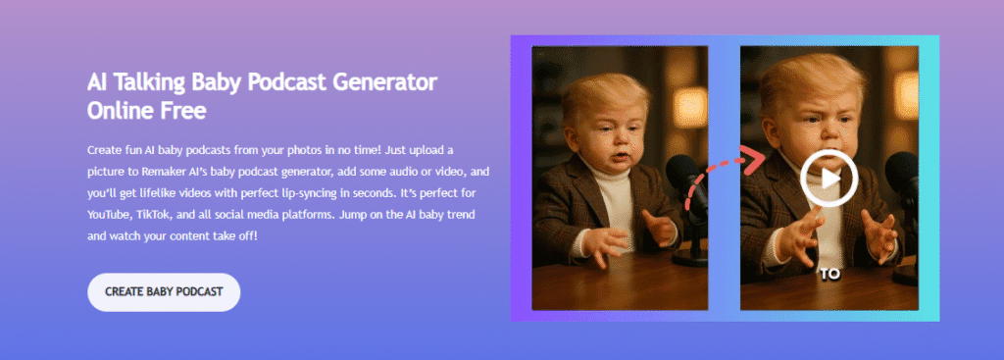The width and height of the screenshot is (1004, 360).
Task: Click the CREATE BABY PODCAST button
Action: [164, 292]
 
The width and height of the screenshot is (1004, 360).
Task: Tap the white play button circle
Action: [828, 178]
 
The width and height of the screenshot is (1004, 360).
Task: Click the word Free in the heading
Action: [182, 110]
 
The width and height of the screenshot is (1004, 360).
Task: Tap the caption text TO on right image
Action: [829, 275]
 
